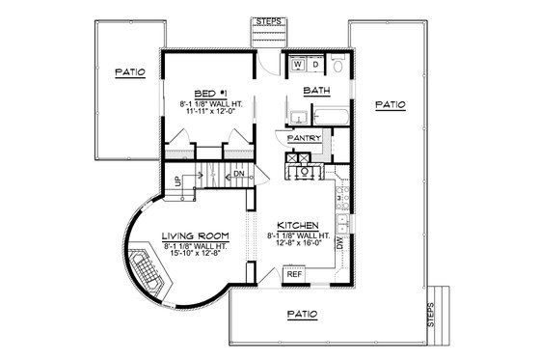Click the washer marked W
click(x=298, y=66)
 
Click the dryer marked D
click(x=314, y=66)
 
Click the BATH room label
click(x=317, y=92)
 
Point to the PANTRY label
click(x=304, y=138)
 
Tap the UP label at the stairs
click(x=176, y=180)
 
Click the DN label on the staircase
click(x=239, y=174)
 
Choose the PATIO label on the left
click(x=130, y=71)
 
